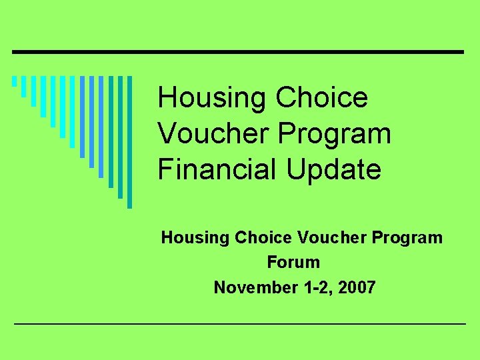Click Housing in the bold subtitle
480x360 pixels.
click(190, 237)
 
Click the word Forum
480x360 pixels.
click(293, 262)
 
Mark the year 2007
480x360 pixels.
click(357, 287)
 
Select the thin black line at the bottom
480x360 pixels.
click(240, 323)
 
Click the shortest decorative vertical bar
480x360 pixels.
click(14, 82)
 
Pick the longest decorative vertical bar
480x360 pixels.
click(130, 142)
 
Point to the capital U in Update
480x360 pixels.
click(297, 169)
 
